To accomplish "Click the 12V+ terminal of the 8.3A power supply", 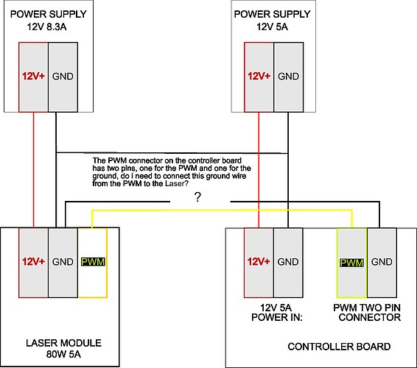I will [x=33, y=76].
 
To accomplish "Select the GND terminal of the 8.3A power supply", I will [x=63, y=76].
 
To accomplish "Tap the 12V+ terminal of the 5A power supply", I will [x=259, y=76].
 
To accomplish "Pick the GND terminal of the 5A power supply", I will [x=288, y=76].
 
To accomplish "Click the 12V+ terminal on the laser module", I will [x=33, y=261].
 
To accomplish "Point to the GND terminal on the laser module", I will [x=63, y=261].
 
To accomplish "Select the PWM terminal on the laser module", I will [x=92, y=261].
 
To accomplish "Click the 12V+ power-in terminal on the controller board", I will [x=259, y=261].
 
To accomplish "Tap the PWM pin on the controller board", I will [x=351, y=261].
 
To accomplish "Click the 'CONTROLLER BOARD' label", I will [x=339, y=346].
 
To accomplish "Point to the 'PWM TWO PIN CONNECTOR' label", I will [x=365, y=313].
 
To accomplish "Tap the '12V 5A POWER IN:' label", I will [x=273, y=313].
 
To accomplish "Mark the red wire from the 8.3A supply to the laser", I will [x=33, y=169].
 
